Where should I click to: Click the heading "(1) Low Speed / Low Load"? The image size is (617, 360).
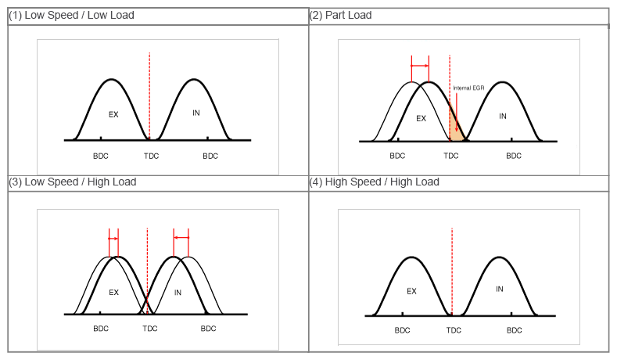point(71,15)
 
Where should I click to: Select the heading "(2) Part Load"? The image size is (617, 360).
point(341,15)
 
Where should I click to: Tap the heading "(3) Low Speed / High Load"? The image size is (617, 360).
point(73,182)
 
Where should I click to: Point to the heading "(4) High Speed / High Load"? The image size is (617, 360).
point(375,182)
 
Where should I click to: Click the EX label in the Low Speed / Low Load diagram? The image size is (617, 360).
point(113,114)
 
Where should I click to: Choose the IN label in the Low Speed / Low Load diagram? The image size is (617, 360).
point(196,113)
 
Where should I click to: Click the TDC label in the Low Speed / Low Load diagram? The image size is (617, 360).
point(151,156)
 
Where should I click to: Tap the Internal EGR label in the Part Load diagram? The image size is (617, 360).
point(469,88)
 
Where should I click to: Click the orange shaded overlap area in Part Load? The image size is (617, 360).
point(456,128)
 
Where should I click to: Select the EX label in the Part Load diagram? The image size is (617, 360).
point(421,119)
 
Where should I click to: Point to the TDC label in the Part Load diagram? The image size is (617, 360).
point(451,156)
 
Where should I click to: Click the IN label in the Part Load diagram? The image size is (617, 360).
point(503,117)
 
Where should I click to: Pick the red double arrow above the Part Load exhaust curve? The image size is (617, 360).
point(421,66)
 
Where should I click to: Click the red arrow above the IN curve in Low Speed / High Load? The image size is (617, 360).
point(181,237)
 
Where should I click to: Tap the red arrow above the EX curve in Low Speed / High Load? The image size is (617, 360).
point(113,238)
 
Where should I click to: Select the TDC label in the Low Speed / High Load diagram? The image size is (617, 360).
point(149,328)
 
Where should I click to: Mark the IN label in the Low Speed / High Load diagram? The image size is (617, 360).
point(178,293)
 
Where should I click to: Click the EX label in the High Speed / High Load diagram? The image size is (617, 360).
point(411,291)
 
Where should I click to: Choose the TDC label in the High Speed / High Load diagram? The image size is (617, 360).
point(454,330)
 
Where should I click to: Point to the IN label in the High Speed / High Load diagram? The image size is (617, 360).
point(500,289)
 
